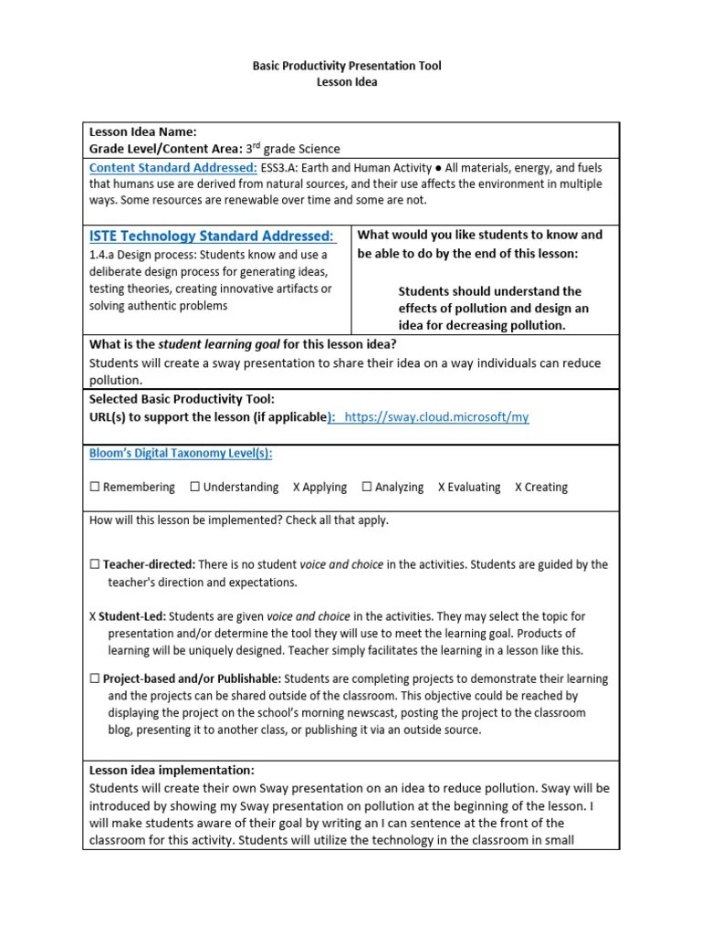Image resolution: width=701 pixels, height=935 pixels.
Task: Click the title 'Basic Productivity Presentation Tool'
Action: [346, 67]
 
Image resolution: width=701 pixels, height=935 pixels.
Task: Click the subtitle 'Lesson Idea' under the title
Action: [346, 82]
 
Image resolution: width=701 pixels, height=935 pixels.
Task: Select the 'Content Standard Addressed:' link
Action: [173, 168]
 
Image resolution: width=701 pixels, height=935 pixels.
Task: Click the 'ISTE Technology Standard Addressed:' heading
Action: [212, 236]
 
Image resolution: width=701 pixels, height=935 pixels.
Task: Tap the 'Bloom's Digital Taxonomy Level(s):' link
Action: [181, 454]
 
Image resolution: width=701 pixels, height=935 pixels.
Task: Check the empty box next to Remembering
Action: [94, 488]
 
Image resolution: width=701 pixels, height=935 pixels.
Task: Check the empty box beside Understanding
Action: [195, 488]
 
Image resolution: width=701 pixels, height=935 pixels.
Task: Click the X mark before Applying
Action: [297, 488]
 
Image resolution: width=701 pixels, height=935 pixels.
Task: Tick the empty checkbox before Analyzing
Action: [367, 488]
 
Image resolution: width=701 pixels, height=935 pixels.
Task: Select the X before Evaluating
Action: [442, 488]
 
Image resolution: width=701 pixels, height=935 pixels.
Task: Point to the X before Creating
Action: [518, 488]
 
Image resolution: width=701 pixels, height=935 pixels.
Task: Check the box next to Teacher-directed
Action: [94, 565]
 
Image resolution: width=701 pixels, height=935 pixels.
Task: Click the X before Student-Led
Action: [93, 616]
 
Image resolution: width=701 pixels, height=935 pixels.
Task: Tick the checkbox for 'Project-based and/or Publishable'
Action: [94, 679]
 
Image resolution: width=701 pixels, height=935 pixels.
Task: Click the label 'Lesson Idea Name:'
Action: [142, 132]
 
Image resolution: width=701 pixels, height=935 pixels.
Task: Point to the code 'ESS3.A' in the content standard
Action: [280, 168]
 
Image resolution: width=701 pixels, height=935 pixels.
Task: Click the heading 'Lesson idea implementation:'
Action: [172, 770]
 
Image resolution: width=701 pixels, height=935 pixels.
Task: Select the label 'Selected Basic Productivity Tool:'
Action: [181, 400]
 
